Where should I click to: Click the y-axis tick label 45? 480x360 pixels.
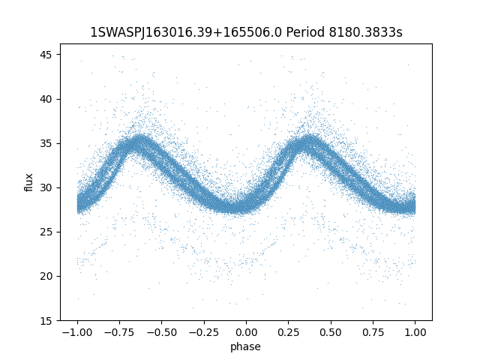46,55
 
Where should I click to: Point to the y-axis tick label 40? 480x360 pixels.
46,99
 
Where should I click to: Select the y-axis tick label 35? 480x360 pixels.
46,143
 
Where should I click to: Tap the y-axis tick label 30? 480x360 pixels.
46,187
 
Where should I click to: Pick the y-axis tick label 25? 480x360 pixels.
46,232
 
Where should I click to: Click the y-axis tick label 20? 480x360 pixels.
46,276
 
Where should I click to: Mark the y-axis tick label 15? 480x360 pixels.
46,320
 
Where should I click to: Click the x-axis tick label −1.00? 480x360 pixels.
76,332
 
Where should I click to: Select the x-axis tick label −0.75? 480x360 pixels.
118,332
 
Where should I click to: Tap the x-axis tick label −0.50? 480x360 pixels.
160,332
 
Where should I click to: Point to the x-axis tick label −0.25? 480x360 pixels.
202,332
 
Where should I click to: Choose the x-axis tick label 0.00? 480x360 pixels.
246,332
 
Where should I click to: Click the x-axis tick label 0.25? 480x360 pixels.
288,332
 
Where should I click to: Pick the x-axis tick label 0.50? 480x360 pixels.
331,332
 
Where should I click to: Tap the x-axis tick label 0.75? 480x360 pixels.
373,332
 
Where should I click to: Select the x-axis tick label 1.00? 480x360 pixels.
415,332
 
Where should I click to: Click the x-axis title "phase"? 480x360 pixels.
246,346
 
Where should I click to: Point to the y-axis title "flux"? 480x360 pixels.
29,182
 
